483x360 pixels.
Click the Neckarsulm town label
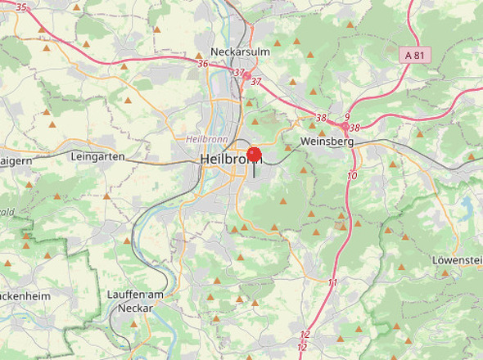coord(240,52)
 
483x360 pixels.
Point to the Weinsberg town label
coord(327,142)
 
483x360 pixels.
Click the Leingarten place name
coord(97,156)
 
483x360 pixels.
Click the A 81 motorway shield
coord(416,55)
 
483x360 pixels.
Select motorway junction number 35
coord(21,7)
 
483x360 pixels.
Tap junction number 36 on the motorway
coord(203,63)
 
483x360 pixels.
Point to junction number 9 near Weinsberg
coord(347,117)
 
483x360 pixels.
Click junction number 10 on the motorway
coord(352,176)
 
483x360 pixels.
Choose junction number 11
coord(332,282)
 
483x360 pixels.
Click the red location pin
coord(255,154)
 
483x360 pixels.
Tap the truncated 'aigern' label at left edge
coord(16,160)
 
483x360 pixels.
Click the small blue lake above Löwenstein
coord(467,201)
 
